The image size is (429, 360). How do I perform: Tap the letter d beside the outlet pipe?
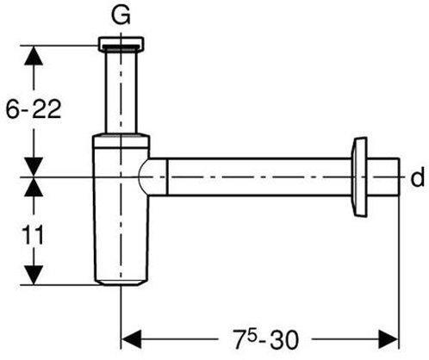coord(417,178)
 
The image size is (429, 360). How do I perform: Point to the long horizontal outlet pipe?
coord(258,177)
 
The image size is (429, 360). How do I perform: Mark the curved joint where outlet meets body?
coord(152,177)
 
